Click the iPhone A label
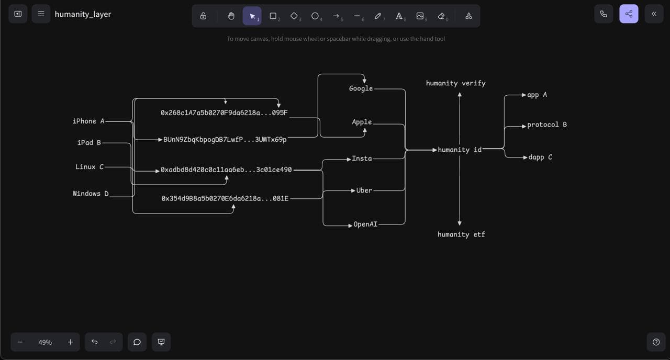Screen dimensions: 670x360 click(x=88, y=121)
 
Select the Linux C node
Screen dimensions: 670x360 click(x=90, y=167)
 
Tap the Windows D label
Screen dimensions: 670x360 click(x=91, y=194)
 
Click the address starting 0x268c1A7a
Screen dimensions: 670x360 click(x=224, y=113)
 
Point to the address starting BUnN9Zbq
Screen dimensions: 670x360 click(x=225, y=140)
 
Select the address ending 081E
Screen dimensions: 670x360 click(x=225, y=199)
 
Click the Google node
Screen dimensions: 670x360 click(x=361, y=89)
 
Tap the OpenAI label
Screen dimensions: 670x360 click(x=365, y=224)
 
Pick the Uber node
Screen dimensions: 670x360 click(x=364, y=190)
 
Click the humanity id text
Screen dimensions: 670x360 click(x=460, y=150)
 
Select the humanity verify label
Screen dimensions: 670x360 click(x=455, y=83)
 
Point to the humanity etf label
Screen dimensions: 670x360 click(x=461, y=234)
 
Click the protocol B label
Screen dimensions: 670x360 click(x=547, y=125)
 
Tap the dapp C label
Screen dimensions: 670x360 click(x=540, y=157)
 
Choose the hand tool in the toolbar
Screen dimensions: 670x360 click(x=231, y=16)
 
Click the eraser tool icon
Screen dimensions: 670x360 click(x=441, y=16)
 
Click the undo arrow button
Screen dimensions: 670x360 click(x=94, y=342)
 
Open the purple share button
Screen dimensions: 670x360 click(x=629, y=14)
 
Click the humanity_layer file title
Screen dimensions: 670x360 click(x=83, y=14)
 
